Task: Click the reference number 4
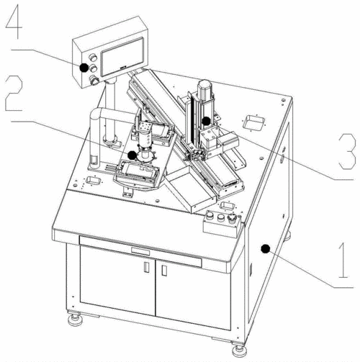pyautogui.click(x=14, y=22)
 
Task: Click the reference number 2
pyautogui.click(x=14, y=93)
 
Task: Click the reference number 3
pyautogui.click(x=347, y=152)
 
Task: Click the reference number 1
pyautogui.click(x=343, y=261)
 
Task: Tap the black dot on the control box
pyautogui.click(x=84, y=68)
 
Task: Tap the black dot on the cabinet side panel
pyautogui.click(x=265, y=249)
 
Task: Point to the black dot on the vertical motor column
pyautogui.click(x=206, y=121)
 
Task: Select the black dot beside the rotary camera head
pyautogui.click(x=132, y=155)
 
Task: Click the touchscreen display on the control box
pyautogui.click(x=122, y=57)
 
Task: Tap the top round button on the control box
pyautogui.click(x=93, y=58)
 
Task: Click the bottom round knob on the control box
pyautogui.click(x=94, y=80)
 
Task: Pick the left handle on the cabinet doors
pyautogui.click(x=146, y=267)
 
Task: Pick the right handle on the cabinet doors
pyautogui.click(x=164, y=271)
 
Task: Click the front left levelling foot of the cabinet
pyautogui.click(x=76, y=320)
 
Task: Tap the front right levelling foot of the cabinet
pyautogui.click(x=239, y=350)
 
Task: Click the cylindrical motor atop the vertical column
pyautogui.click(x=204, y=89)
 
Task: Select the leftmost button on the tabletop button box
pyautogui.click(x=210, y=215)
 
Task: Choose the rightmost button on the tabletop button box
pyautogui.click(x=232, y=219)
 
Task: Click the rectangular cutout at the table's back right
pyautogui.click(x=253, y=123)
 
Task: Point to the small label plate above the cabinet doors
pyautogui.click(x=140, y=252)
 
